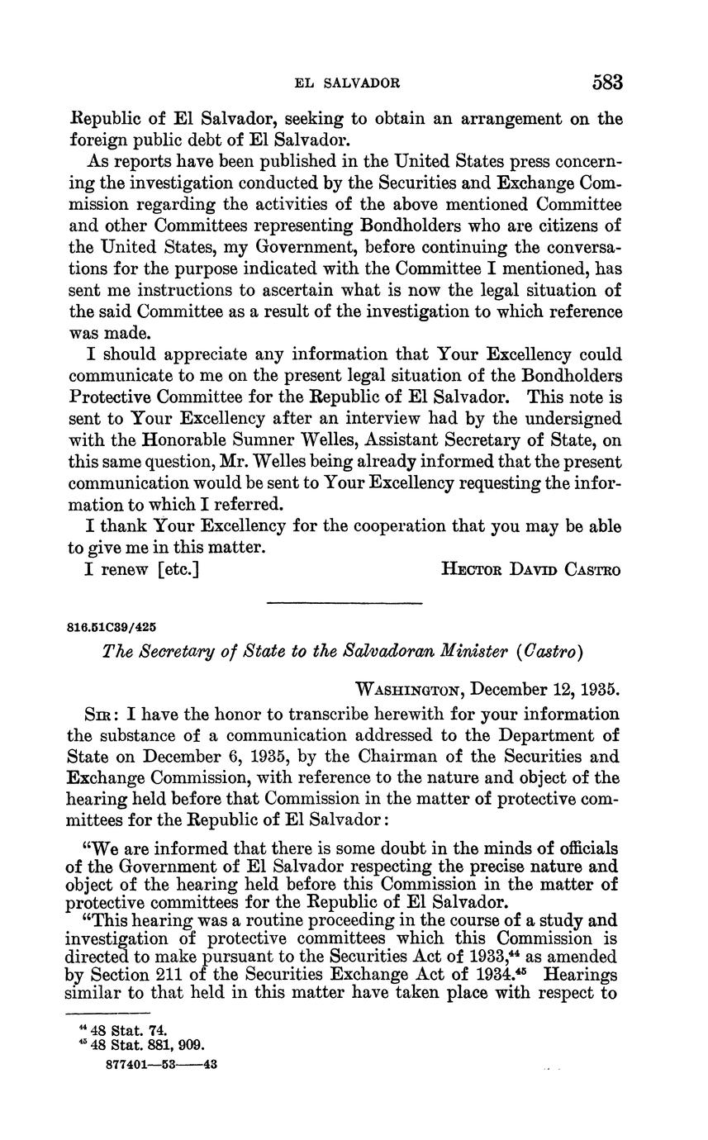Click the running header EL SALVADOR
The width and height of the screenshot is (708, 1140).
coord(348,83)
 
